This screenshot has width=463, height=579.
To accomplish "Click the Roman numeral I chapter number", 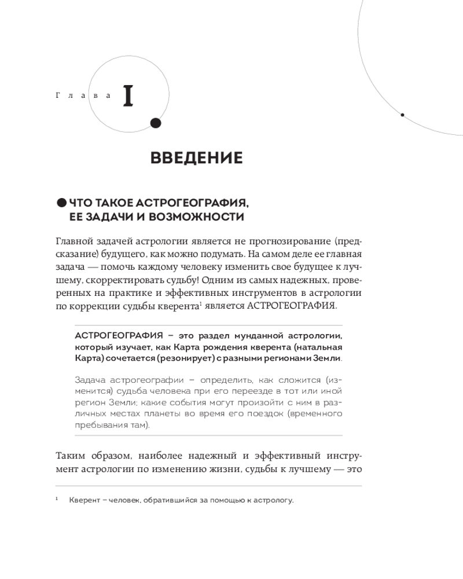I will (x=128, y=97).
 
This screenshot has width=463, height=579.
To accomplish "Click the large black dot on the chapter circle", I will (x=155, y=122).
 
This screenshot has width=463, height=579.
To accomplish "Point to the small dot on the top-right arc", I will (x=402, y=115).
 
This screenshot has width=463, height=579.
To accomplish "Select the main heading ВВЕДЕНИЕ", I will (x=196, y=157).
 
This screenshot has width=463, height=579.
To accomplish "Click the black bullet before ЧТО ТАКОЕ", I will (x=61, y=202).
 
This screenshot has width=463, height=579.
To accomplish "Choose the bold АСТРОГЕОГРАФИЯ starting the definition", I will (x=115, y=336).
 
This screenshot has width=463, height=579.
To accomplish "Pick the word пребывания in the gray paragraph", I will (x=98, y=426).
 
